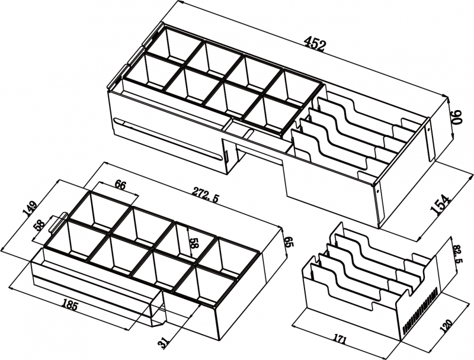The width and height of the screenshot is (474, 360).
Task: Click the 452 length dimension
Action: tap(315, 44)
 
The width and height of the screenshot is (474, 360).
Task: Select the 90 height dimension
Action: tap(457, 117)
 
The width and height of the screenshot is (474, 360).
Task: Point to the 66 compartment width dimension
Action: tap(120, 185)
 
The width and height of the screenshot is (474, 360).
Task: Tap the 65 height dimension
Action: tap(289, 242)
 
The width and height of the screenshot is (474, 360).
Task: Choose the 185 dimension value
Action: tap(69, 306)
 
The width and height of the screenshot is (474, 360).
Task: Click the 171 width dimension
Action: tap(340, 338)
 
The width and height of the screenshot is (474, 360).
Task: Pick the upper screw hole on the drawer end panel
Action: tap(428, 128)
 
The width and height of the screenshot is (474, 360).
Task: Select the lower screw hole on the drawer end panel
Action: tap(378, 191)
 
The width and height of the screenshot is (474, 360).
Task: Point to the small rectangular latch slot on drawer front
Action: tap(226, 154)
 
